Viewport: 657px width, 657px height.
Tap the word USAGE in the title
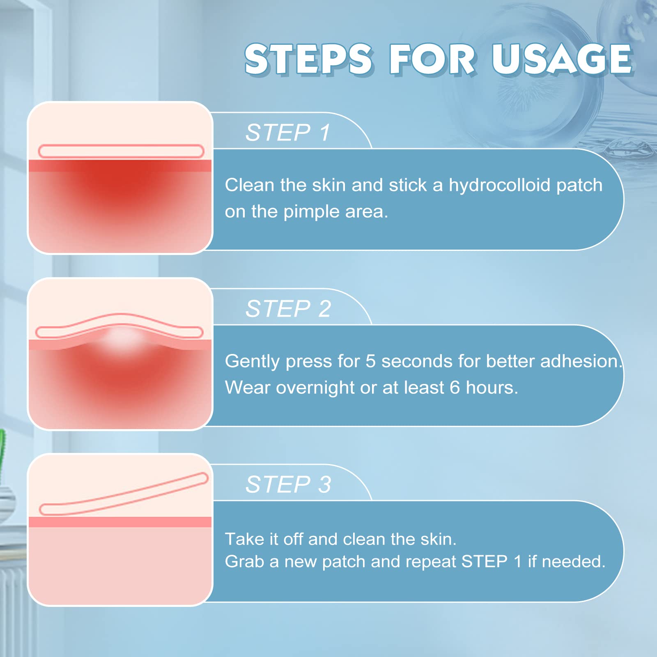coord(562,60)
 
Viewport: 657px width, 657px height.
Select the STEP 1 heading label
coord(288,133)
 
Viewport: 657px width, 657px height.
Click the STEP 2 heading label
coord(288,309)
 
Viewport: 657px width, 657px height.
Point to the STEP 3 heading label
coord(288,485)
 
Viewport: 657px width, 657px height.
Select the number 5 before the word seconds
coord(370,361)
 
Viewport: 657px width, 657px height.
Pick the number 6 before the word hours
coord(455,388)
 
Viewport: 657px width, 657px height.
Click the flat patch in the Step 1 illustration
coord(121,151)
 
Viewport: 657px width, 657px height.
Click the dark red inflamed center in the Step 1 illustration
coord(121,181)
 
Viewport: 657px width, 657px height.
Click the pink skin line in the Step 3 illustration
coord(120,522)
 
